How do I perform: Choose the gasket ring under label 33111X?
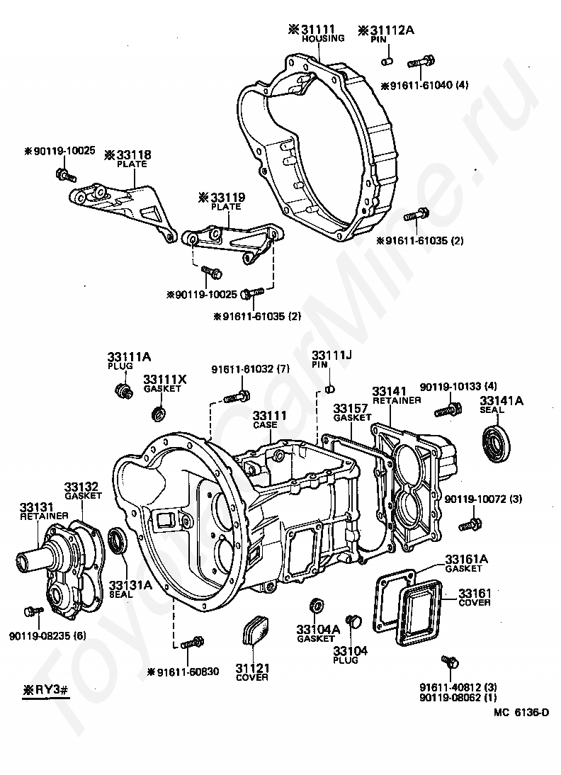160,412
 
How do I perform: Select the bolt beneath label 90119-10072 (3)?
469,525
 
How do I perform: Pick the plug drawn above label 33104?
356,622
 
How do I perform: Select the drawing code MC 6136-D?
521,712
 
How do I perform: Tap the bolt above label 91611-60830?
191,643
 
